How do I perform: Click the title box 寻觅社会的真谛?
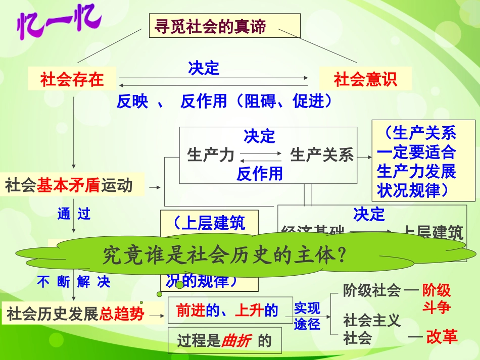click(224, 26)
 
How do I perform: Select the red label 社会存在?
click(72, 79)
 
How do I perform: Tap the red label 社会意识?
click(365, 79)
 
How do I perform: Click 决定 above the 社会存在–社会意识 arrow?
click(204, 68)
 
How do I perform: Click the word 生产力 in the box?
click(211, 155)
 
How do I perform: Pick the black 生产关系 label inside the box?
click(322, 155)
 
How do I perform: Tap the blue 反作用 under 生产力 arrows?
click(260, 174)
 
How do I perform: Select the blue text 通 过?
click(74, 214)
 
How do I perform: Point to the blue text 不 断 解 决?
click(74, 282)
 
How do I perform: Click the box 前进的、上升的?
click(227, 311)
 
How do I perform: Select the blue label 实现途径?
click(307, 316)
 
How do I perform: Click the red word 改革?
click(442, 337)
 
